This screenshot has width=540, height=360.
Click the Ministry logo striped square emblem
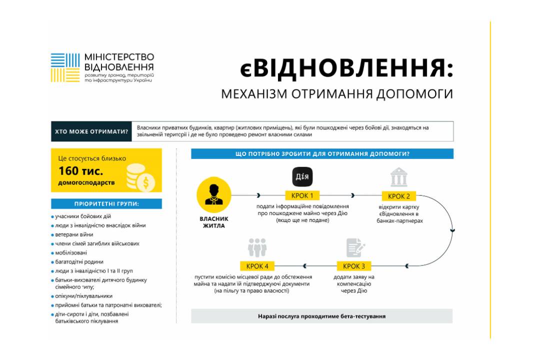point(65,67)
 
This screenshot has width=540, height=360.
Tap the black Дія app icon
point(302,176)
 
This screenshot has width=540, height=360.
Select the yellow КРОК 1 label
point(302,195)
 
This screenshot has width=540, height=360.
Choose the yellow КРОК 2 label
point(399,196)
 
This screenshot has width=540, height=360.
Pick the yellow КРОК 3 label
point(353,266)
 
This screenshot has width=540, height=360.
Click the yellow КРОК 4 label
point(257,266)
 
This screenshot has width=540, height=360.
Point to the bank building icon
point(399,177)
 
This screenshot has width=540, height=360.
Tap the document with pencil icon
point(355,247)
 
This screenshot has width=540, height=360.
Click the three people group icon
point(257,247)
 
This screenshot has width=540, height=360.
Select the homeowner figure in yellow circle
point(214,194)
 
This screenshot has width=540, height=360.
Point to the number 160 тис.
point(80,171)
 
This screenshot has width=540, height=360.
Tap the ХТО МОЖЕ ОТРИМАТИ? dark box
point(91,131)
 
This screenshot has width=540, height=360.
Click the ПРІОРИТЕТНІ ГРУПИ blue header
point(106,204)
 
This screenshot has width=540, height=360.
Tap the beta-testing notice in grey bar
point(321,316)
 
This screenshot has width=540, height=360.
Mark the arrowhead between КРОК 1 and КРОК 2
point(352,195)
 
